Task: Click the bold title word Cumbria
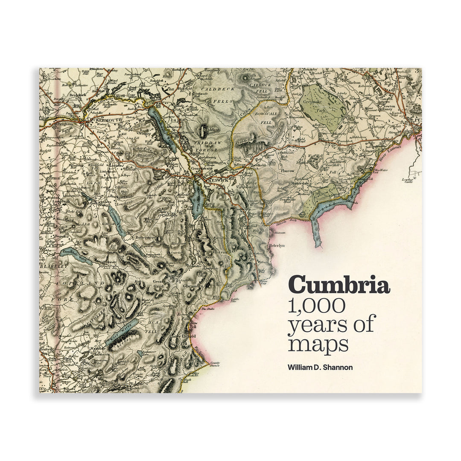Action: (x=339, y=285)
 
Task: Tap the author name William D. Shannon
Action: (x=320, y=367)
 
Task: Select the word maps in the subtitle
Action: (x=318, y=344)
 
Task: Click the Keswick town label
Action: (x=218, y=181)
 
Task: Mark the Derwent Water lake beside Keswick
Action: (x=197, y=199)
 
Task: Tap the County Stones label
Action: (x=215, y=365)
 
